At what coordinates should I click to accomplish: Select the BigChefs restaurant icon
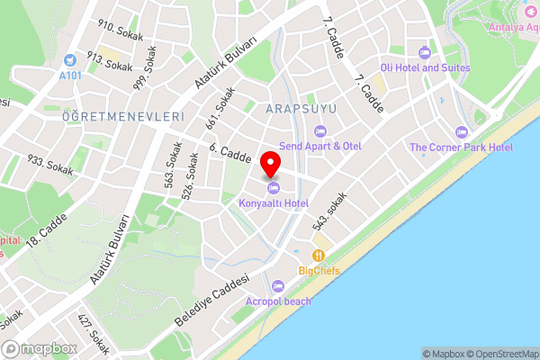tap(319, 256)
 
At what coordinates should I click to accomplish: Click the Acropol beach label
tap(279, 301)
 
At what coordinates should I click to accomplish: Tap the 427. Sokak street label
tap(93, 334)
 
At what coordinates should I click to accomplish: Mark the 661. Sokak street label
tap(225, 107)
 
